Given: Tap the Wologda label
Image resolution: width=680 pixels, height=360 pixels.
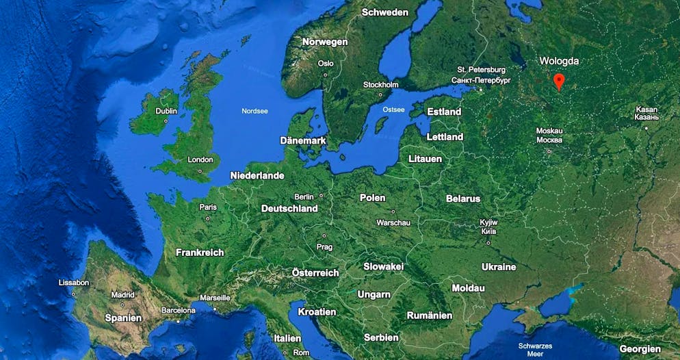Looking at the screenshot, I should [559, 61].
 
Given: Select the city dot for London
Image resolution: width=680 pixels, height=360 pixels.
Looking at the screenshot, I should [200, 170].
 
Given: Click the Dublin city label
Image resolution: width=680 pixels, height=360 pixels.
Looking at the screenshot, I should [166, 111].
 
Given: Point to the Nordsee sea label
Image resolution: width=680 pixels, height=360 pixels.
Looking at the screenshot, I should [254, 111].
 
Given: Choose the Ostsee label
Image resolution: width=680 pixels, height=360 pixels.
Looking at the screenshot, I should [393, 110].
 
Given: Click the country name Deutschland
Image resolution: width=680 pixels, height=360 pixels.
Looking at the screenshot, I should [289, 208].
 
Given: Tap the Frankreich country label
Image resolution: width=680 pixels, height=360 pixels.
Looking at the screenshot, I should [200, 253].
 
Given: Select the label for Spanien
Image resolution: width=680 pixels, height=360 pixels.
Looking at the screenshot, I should [123, 318].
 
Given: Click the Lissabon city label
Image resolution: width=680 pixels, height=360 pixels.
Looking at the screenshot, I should [74, 282].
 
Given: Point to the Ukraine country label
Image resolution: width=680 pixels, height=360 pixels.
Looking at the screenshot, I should [499, 267].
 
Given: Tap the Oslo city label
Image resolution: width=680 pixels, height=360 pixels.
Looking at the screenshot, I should [326, 63].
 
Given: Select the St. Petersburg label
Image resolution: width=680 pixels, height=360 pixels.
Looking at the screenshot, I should [482, 70].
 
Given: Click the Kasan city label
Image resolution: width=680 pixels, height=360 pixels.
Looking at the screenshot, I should [646, 110].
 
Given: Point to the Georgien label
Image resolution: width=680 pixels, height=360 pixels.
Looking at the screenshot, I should [640, 348].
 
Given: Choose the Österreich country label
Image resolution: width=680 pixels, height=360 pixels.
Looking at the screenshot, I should [315, 272].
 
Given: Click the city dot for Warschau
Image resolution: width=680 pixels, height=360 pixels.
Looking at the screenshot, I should [393, 211].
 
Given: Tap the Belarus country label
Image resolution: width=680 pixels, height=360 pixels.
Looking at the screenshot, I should [463, 198].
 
